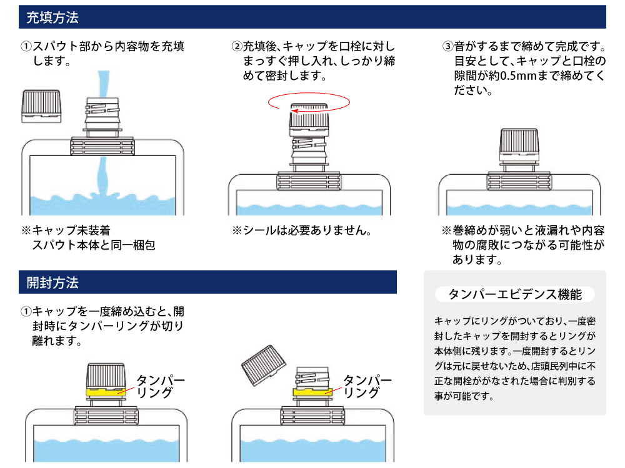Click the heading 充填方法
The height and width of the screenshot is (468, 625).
pos(52,17)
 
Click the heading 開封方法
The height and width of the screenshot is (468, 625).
pos(52,282)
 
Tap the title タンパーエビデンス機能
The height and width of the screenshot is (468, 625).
pos(516,294)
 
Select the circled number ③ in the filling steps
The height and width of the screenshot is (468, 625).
pos(448,47)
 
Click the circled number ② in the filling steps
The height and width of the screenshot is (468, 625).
pos(237,47)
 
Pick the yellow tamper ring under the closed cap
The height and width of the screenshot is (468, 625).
pos(105,392)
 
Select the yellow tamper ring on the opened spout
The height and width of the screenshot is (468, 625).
pos(312,392)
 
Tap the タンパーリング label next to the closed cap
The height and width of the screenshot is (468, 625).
pos(160,386)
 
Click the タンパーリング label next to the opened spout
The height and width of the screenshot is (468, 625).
pos(367,386)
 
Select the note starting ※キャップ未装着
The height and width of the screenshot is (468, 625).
pos(88,238)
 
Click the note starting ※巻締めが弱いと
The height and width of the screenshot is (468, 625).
pos(523,245)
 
